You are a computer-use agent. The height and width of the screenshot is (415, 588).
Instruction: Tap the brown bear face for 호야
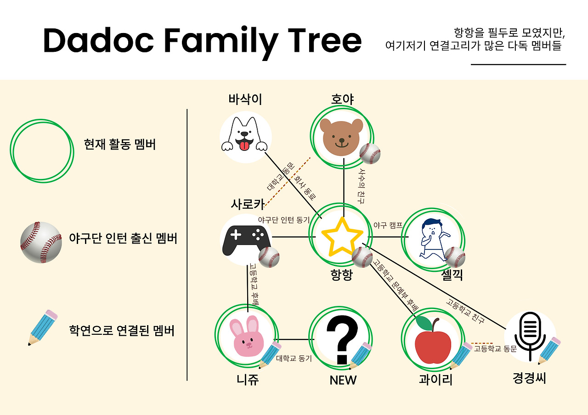pyautogui.click(x=341, y=136)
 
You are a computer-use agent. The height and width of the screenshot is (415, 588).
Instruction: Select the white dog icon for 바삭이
pyautogui.click(x=245, y=136)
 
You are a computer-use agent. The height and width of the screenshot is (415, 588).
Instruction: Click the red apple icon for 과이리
pyautogui.click(x=432, y=340)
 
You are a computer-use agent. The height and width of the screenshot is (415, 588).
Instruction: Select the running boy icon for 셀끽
pyautogui.click(x=431, y=238)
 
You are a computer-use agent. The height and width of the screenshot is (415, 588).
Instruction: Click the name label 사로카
pyautogui.click(x=248, y=204)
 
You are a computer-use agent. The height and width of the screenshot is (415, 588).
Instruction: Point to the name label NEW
pyautogui.click(x=343, y=380)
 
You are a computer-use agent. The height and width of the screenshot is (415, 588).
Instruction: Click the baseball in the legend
pyautogui.click(x=41, y=242)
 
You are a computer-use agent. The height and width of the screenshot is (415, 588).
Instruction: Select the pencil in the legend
pyautogui.click(x=43, y=327)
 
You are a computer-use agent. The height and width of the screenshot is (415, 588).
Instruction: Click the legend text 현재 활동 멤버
pyautogui.click(x=120, y=144)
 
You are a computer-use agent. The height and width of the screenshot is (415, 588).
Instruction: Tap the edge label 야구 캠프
pyautogui.click(x=388, y=225)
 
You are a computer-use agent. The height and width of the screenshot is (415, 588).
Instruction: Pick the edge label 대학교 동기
pyautogui.click(x=294, y=359)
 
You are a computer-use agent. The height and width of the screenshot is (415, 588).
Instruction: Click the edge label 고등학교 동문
pyautogui.click(x=495, y=349)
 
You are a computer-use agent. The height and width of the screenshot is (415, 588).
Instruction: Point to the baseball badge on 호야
pyautogui.click(x=369, y=154)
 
